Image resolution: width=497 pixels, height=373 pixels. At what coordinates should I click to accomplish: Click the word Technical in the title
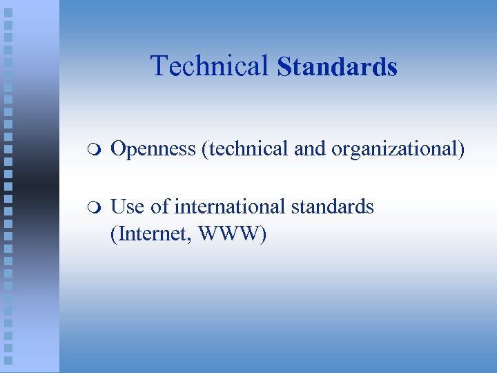click(209, 66)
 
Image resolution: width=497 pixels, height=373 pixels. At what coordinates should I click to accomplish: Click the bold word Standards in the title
click(337, 67)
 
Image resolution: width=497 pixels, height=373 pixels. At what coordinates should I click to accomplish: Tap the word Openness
click(153, 149)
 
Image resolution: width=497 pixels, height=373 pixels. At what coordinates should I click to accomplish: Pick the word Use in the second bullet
click(126, 207)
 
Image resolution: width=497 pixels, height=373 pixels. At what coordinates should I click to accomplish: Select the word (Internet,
click(152, 234)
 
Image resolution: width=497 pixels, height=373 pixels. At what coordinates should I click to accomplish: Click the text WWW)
click(232, 234)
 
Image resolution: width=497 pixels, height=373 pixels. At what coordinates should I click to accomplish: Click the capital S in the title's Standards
click(283, 67)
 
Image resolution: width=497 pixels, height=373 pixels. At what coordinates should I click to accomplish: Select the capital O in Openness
click(118, 149)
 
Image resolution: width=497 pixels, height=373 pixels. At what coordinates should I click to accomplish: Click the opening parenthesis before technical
click(204, 149)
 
